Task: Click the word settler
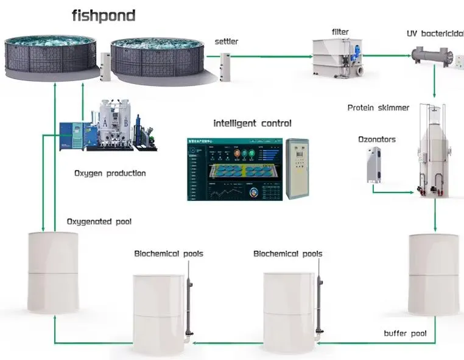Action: point(226,41)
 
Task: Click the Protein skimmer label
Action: point(378,108)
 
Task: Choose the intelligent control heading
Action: point(252,123)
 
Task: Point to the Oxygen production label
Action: point(110,173)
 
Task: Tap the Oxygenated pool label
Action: point(99,222)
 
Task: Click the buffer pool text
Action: point(405,333)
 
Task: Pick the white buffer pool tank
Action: point(434,274)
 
